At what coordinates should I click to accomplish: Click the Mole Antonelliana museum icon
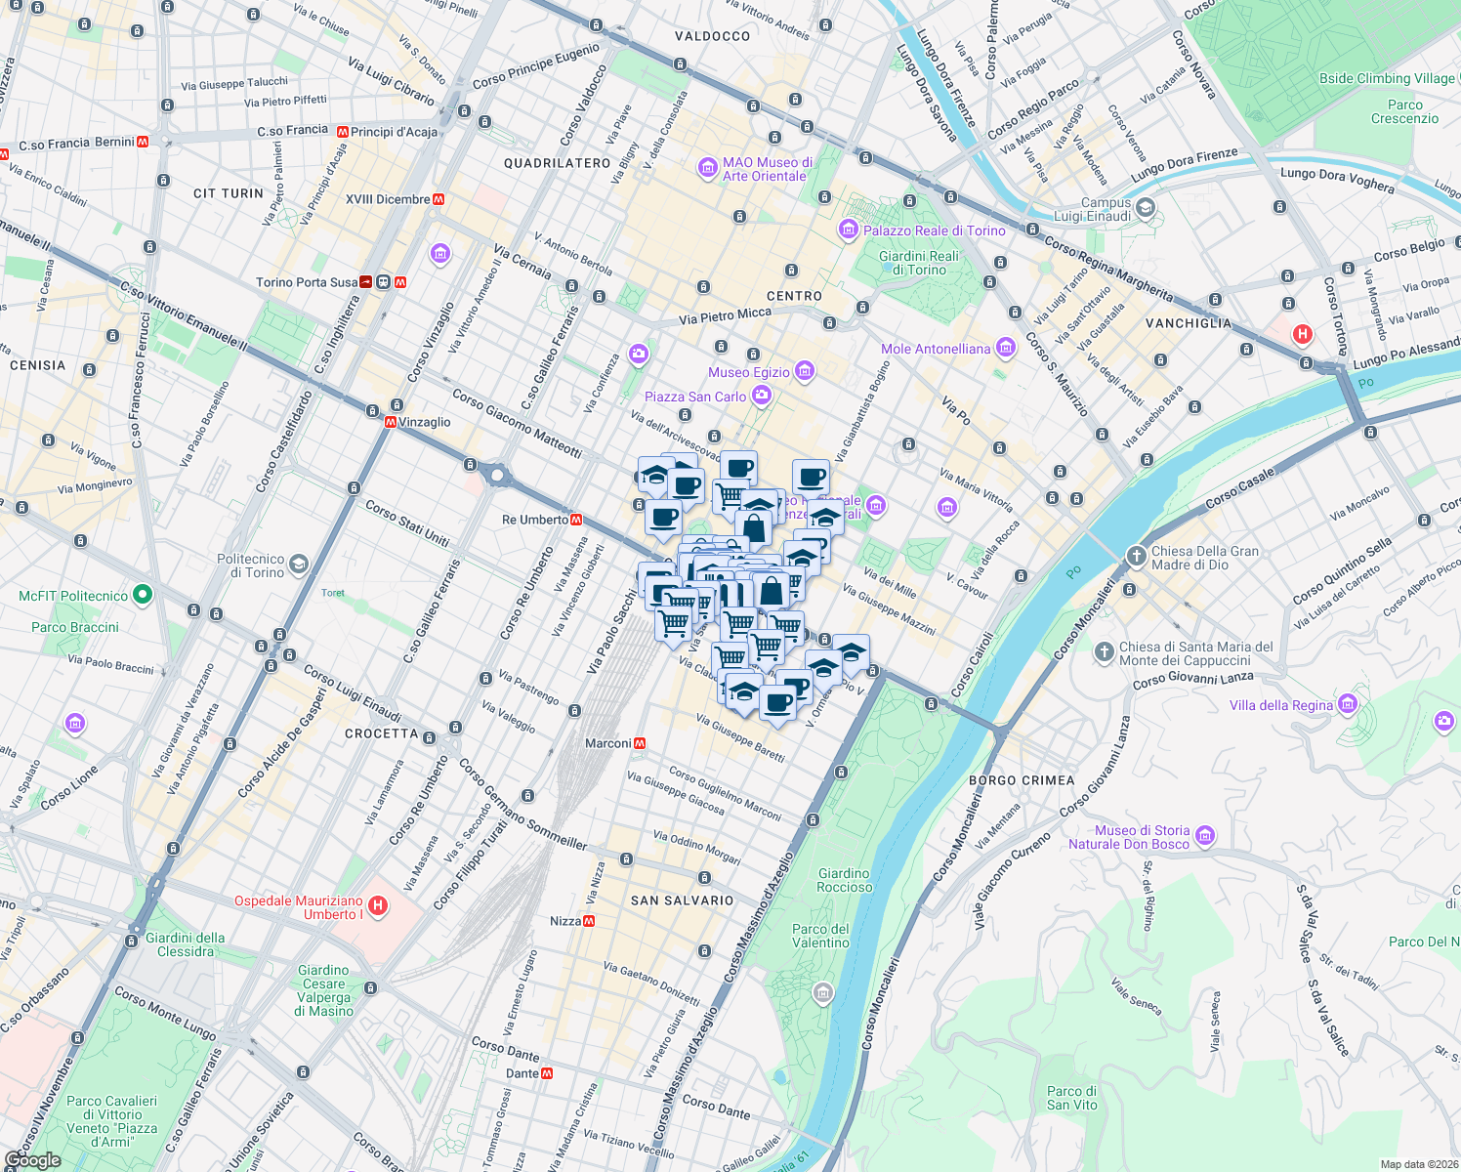click(x=1005, y=348)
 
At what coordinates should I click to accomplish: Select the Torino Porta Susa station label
click(x=307, y=282)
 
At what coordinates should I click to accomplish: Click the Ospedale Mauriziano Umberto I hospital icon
click(x=378, y=906)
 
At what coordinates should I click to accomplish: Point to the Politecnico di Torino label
click(x=250, y=565)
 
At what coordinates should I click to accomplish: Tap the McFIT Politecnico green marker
click(x=143, y=594)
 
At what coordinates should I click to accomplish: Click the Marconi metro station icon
click(x=640, y=743)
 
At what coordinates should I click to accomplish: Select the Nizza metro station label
click(x=565, y=921)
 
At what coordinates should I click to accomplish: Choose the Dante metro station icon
click(x=547, y=1072)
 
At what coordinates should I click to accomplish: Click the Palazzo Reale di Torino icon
click(x=849, y=230)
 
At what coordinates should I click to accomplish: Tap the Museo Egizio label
click(x=749, y=372)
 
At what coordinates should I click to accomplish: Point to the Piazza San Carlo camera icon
click(x=761, y=396)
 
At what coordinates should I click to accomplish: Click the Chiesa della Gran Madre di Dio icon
click(x=1136, y=557)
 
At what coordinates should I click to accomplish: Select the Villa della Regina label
click(x=1280, y=705)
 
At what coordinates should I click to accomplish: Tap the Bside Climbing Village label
click(x=1387, y=78)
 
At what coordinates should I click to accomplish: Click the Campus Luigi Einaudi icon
click(x=1146, y=207)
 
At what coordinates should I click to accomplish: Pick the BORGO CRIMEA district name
click(x=1022, y=780)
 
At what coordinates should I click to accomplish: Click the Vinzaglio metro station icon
click(x=391, y=422)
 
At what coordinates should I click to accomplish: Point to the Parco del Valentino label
click(x=820, y=936)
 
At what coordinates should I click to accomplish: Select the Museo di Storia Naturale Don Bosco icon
click(x=1204, y=835)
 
